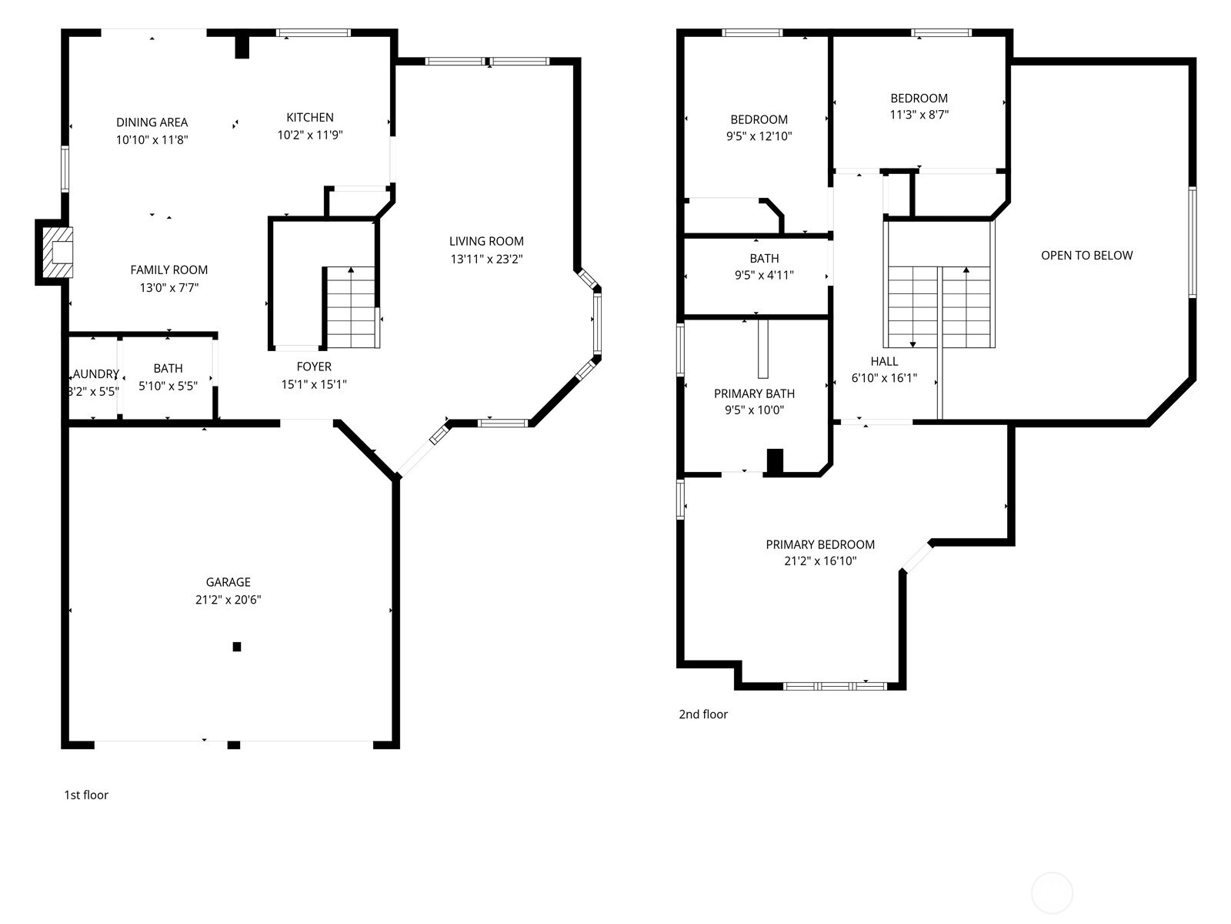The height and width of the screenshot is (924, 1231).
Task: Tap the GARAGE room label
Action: coord(228,582)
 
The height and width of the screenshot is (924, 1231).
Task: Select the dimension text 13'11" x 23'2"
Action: coord(486,259)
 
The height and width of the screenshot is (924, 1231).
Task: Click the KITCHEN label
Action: coord(310,117)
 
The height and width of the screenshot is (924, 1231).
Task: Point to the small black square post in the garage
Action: coord(237,647)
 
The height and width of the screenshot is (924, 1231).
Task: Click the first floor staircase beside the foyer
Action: coord(351,308)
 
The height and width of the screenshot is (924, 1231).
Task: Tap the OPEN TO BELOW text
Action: coord(1086,256)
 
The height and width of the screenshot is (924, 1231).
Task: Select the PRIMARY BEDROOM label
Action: coord(820,544)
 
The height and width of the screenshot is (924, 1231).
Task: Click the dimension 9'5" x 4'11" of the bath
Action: coord(764,275)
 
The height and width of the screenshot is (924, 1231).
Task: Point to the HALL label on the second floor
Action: coord(884,361)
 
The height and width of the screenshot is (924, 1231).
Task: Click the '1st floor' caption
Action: coord(86,795)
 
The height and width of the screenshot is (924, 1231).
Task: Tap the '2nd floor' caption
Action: coord(703,715)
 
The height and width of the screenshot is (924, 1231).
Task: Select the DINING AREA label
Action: coord(152,122)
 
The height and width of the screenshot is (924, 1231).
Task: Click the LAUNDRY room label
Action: coord(95,374)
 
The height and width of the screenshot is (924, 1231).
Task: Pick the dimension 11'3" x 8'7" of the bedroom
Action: coord(919,115)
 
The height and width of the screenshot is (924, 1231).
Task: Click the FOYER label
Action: coord(314,367)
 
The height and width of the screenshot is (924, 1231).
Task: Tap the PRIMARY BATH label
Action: coord(754,393)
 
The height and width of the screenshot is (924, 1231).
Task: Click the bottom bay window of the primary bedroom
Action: coord(835,685)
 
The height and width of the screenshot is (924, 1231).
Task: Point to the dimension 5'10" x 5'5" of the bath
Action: coord(168,386)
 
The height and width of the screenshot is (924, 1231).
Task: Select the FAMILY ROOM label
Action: coord(168,270)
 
